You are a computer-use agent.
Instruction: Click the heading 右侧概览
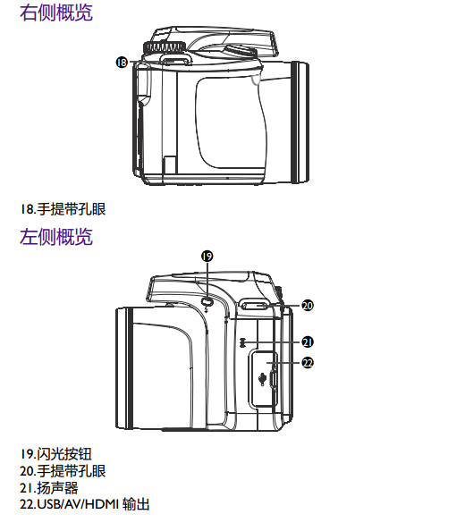(x=55, y=13)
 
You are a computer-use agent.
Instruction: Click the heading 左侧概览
(x=55, y=236)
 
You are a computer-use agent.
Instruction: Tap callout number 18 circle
(x=122, y=62)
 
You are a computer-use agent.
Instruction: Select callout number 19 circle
(x=207, y=256)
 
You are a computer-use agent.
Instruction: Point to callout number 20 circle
(x=308, y=306)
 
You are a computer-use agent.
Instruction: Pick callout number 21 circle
(x=308, y=342)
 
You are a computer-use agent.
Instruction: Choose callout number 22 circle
(x=308, y=363)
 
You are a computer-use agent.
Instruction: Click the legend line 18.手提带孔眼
(x=63, y=209)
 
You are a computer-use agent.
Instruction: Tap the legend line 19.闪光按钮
(x=55, y=454)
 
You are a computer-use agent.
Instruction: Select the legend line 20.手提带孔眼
(x=63, y=471)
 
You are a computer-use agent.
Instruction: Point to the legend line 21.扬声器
(x=49, y=488)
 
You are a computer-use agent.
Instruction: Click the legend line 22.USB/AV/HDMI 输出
(x=85, y=504)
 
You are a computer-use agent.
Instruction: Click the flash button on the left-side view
(x=207, y=301)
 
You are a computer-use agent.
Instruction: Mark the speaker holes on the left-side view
(x=241, y=342)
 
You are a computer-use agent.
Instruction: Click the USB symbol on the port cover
(x=262, y=379)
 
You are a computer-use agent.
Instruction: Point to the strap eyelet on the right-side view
(x=174, y=60)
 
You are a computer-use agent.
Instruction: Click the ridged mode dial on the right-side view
(x=165, y=47)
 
